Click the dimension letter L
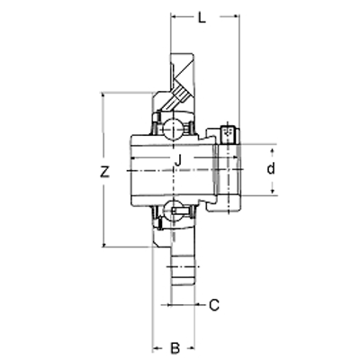202,18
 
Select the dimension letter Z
104,171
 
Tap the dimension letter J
178,160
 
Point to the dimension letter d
271,168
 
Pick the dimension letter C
214,305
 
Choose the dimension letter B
175,348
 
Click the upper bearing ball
173,129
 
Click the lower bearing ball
173,210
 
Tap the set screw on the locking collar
228,132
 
